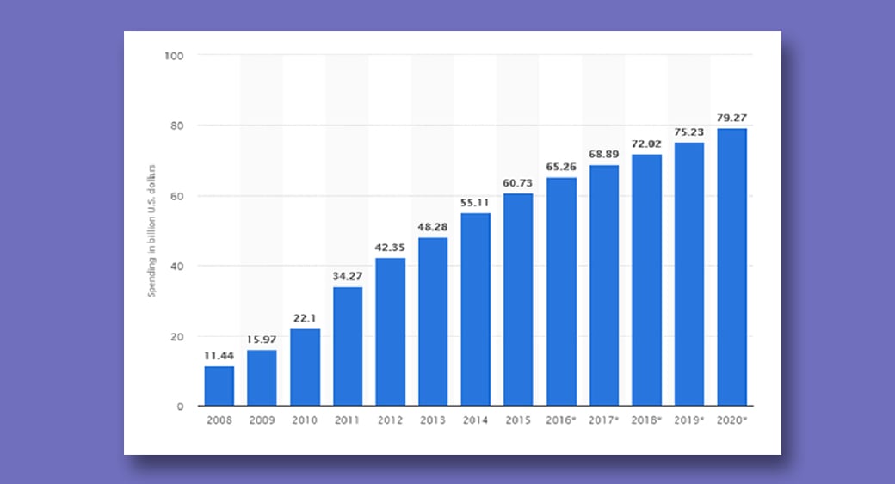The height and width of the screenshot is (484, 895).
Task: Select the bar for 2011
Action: tap(348, 346)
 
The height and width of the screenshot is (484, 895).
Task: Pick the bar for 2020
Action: tap(731, 267)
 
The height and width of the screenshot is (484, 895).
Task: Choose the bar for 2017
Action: tap(604, 285)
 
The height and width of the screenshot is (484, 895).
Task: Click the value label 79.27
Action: tap(731, 117)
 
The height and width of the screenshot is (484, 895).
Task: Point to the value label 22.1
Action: tap(305, 317)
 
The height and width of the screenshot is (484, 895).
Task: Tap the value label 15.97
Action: tap(262, 339)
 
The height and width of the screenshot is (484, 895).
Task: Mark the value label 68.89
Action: tap(604, 154)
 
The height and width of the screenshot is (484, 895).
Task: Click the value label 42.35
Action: tap(390, 247)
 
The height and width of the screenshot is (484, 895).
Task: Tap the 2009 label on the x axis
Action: tap(262, 421)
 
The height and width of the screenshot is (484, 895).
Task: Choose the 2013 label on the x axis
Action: tap(433, 421)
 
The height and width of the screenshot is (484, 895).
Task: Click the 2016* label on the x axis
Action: tap(562, 421)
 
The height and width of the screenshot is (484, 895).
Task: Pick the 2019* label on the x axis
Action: tap(690, 421)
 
